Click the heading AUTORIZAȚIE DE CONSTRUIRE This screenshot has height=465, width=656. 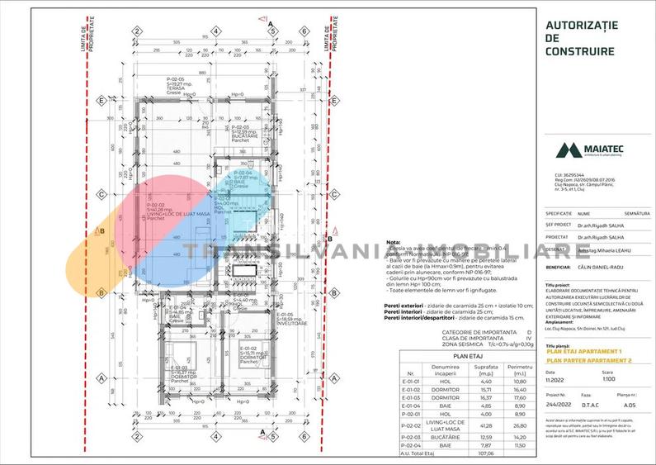point(581,38)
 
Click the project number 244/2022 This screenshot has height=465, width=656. point(559,406)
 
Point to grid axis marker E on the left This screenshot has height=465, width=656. point(101,101)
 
